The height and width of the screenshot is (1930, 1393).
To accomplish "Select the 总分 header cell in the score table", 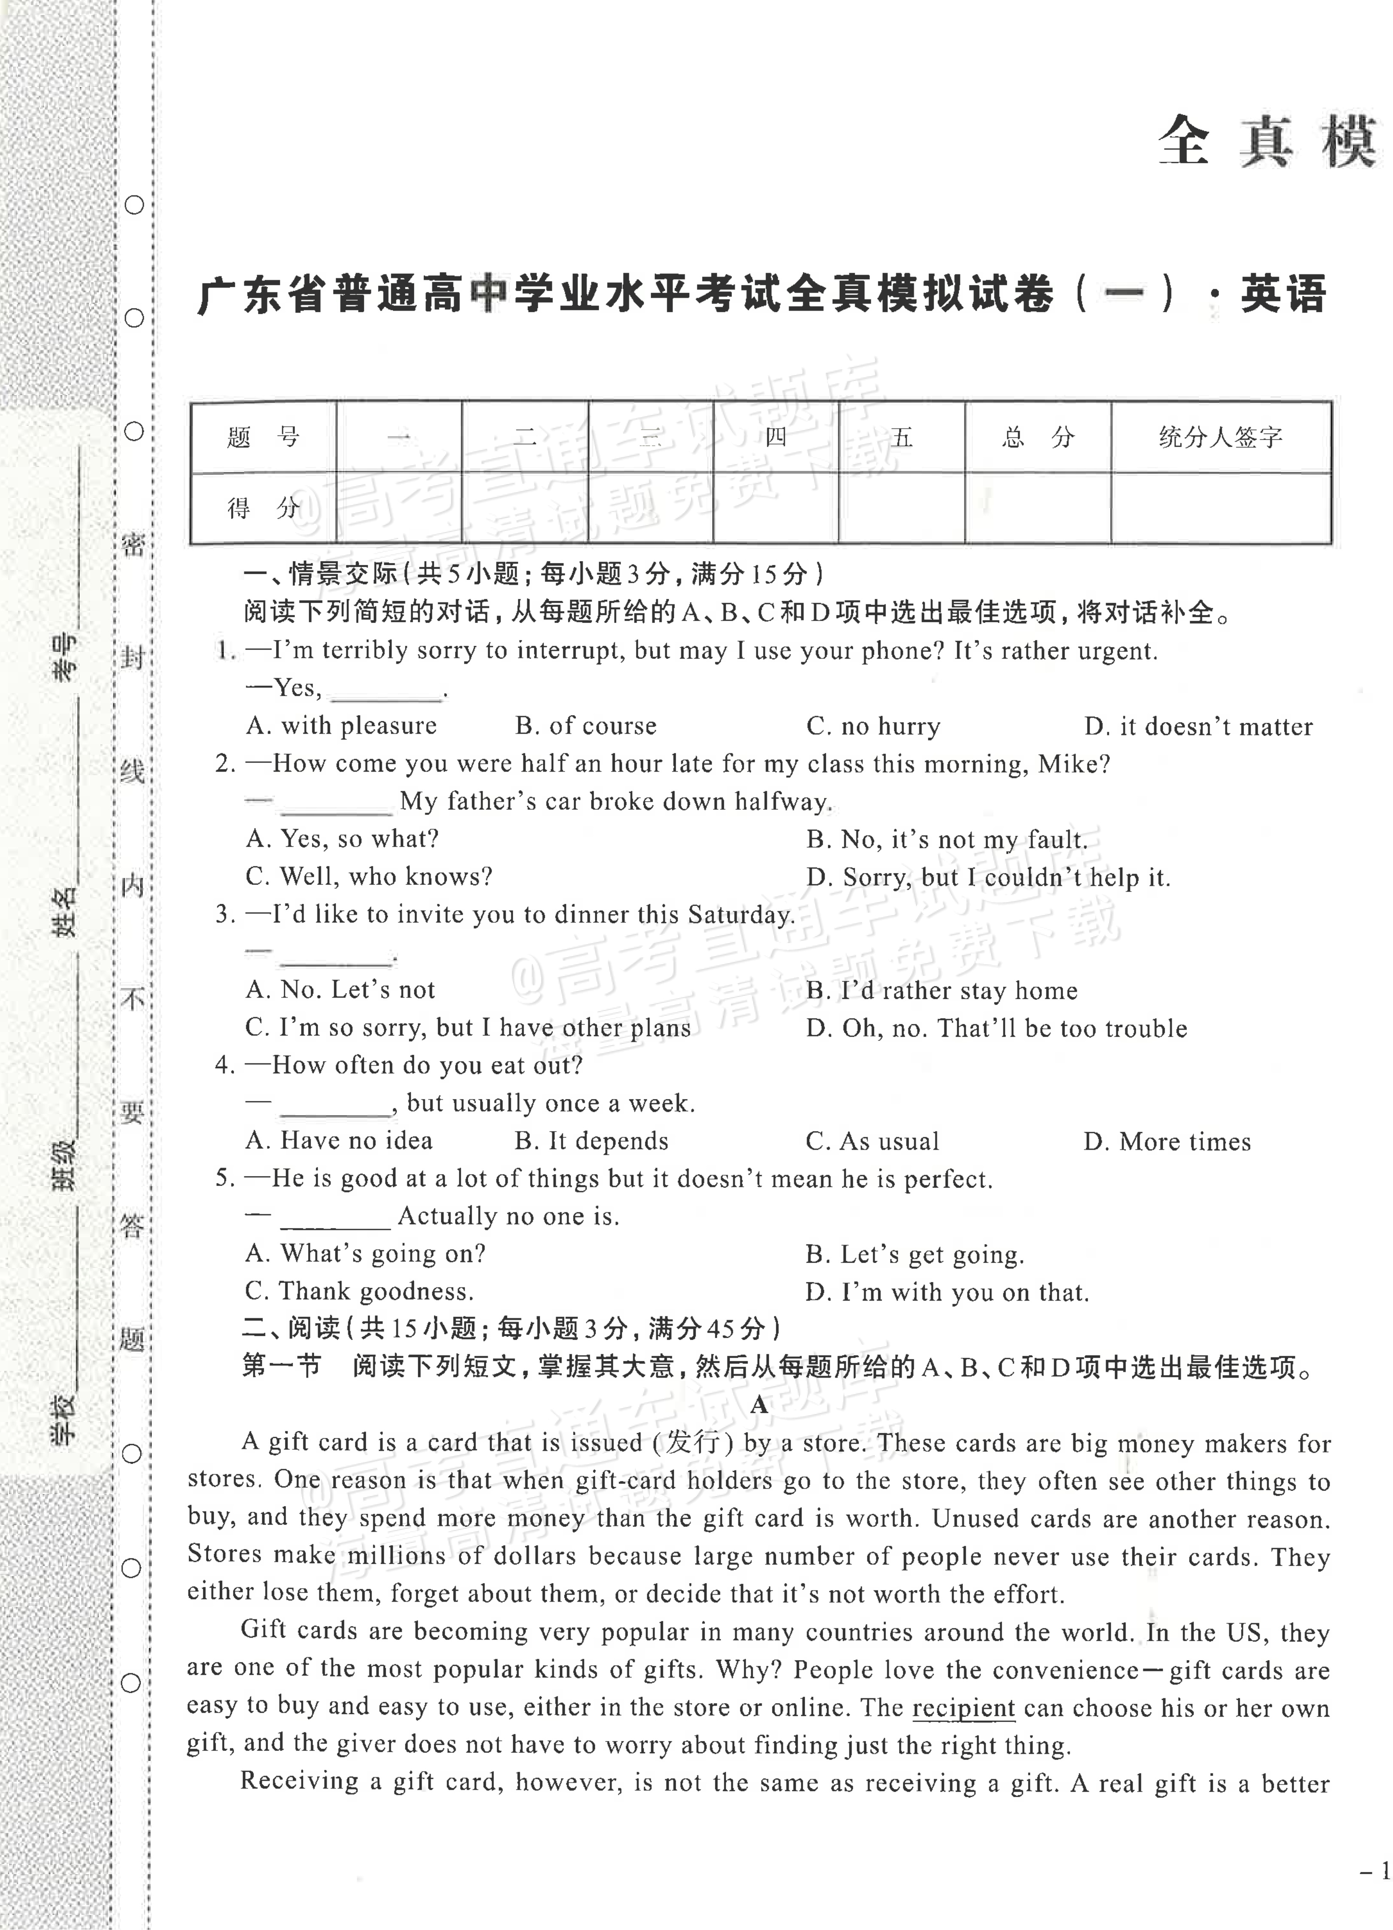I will [1037, 437].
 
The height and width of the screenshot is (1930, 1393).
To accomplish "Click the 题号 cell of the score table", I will [263, 437].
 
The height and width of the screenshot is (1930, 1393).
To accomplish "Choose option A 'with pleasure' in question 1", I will [341, 726].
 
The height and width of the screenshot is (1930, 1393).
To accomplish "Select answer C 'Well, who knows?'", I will [368, 876].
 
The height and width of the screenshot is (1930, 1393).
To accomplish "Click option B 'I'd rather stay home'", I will [941, 990].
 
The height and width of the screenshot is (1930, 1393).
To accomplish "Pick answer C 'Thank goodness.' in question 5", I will [359, 1292].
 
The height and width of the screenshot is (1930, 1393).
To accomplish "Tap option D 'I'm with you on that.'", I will [947, 1293].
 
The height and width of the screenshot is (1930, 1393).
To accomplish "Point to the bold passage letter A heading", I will [759, 1405].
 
